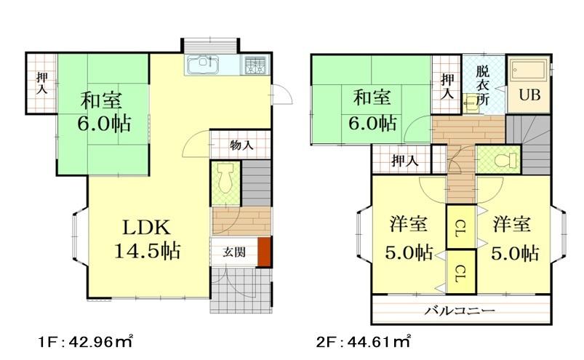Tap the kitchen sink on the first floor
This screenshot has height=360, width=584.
point(202,66)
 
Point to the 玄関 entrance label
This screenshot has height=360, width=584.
point(233,252)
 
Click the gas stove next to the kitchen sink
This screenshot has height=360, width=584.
point(255,66)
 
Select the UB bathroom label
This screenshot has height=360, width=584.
point(529,95)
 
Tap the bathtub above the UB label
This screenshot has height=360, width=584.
point(528,72)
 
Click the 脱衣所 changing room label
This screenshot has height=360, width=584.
point(483,86)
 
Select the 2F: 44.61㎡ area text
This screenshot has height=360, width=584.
point(364,340)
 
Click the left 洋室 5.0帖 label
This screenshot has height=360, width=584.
point(407,239)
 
